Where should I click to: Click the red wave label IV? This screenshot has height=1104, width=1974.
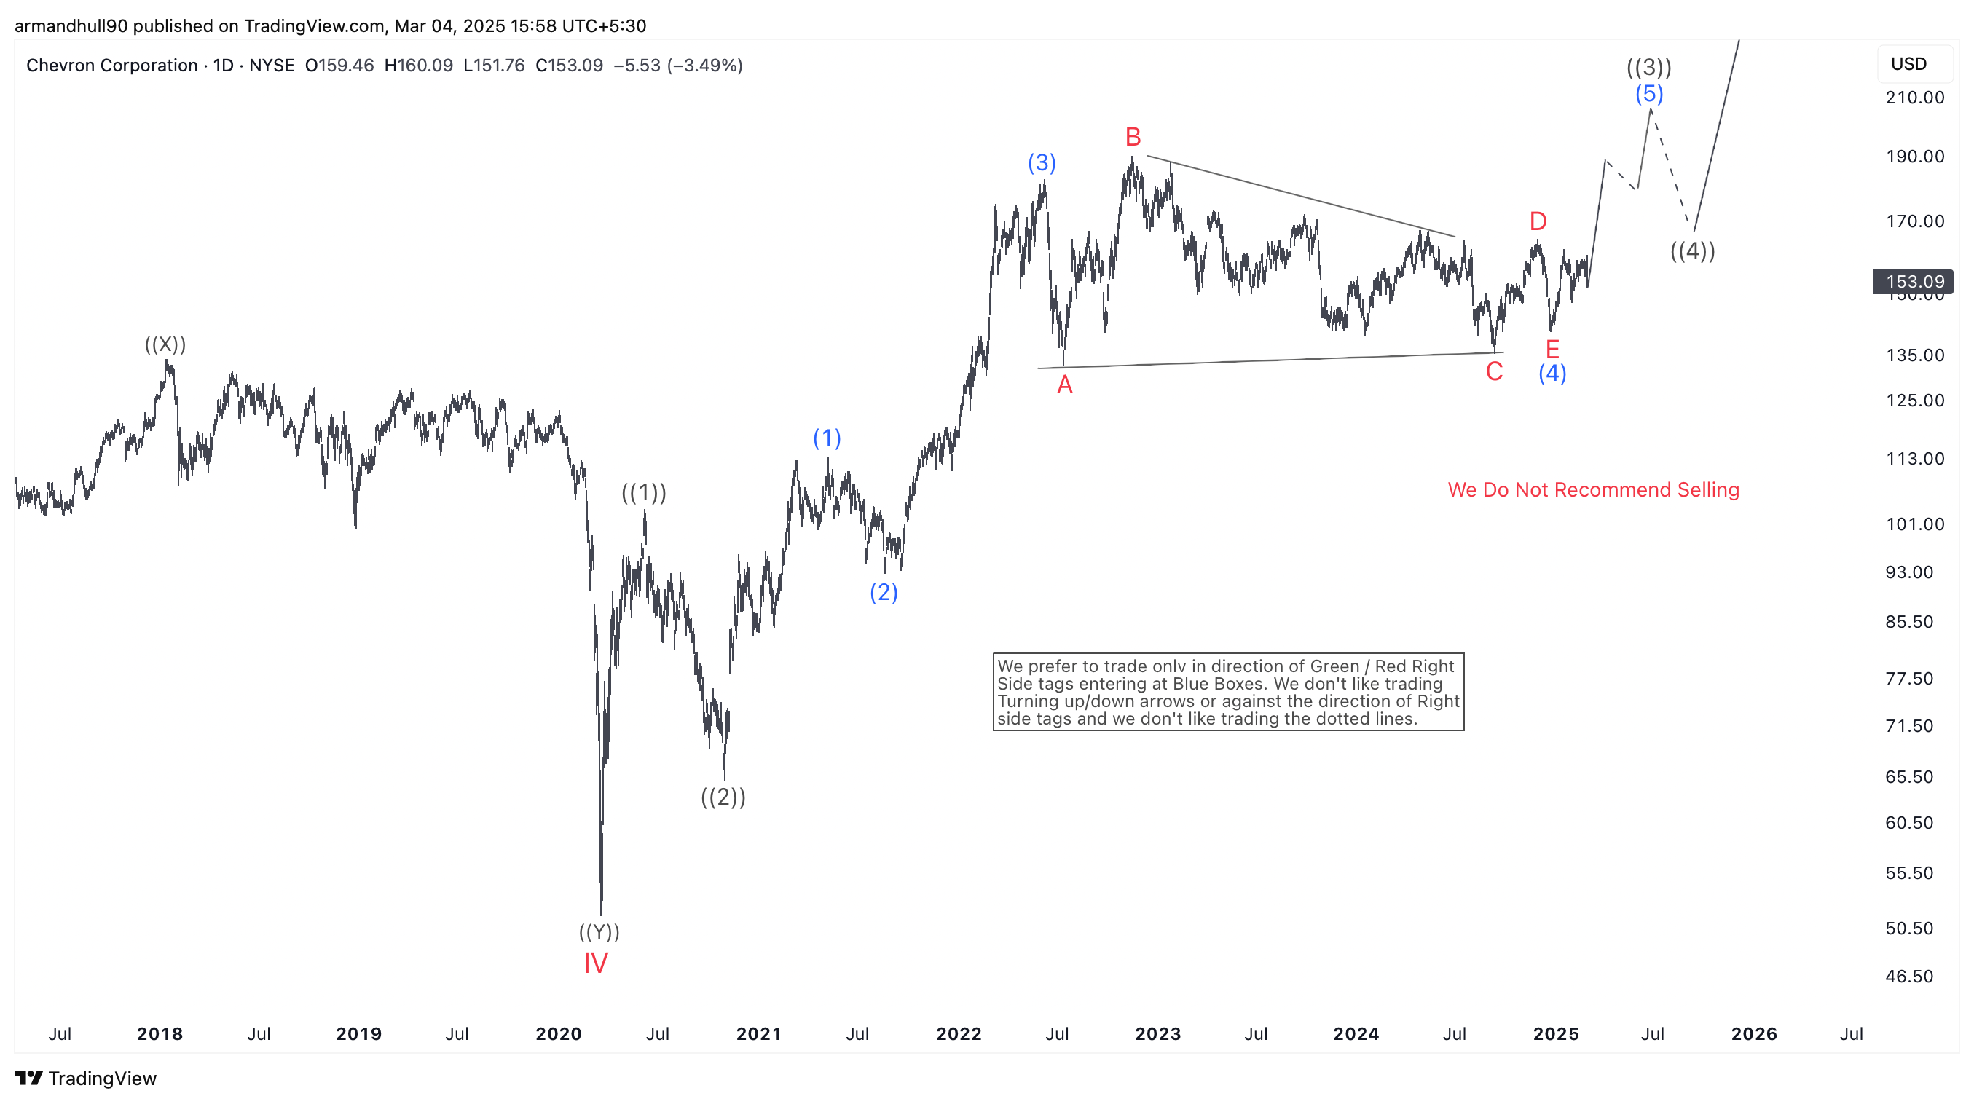pos(595,963)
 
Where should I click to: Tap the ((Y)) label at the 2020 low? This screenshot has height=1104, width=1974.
pos(599,931)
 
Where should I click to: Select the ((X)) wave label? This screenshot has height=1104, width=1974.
pos(165,344)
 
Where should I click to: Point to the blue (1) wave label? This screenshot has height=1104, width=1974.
pos(827,438)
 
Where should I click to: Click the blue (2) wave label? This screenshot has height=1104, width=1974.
pos(884,592)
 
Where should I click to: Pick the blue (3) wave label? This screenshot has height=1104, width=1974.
pos(1042,162)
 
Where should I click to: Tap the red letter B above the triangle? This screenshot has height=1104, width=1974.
pos(1133,137)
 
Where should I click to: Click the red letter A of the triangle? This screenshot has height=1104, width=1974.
pos(1064,385)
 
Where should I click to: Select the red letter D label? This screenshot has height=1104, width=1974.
pos(1537,221)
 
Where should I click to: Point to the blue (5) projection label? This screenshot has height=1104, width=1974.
pos(1649,94)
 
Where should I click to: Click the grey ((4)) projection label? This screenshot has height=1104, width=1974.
pos(1692,251)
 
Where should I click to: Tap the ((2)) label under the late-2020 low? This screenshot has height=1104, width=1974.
pos(723,797)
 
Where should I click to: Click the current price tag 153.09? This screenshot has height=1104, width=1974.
pos(1914,282)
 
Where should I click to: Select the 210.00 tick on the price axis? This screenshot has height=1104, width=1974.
pos(1914,98)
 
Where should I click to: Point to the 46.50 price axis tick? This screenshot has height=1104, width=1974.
pos(1909,976)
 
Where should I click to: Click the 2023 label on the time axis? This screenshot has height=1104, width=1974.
pos(1157,1033)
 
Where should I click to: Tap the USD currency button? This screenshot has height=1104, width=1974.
pos(1908,63)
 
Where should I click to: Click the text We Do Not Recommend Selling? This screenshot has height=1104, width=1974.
pos(1593,489)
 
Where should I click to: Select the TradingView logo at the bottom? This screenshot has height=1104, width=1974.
pos(85,1078)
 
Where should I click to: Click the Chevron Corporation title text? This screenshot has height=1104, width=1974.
pos(112,65)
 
